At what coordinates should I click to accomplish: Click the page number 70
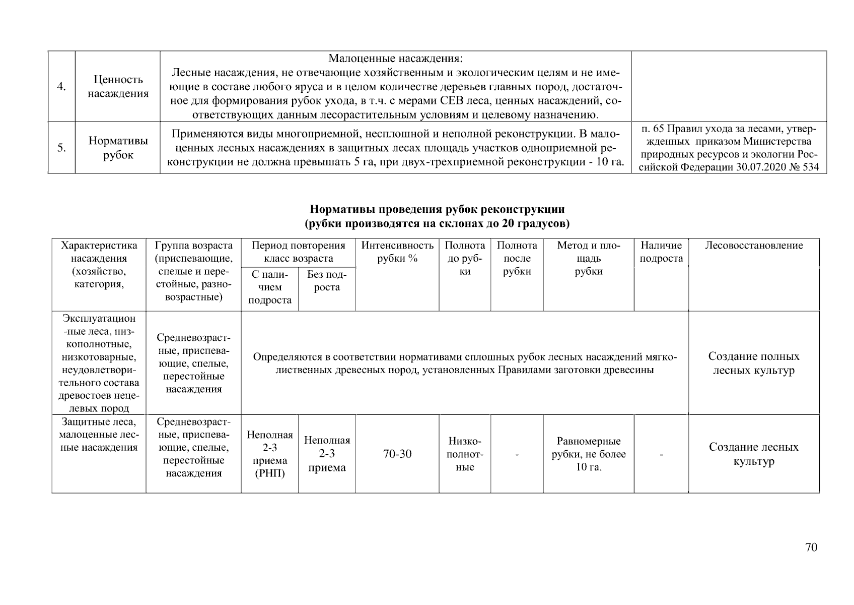point(811,548)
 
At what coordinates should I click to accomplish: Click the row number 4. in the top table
point(61,87)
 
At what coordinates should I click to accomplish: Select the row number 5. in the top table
point(61,148)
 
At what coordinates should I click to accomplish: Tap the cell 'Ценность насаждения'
point(118,87)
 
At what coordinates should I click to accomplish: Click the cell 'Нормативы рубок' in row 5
point(118,148)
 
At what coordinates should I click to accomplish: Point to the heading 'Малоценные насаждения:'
point(395,59)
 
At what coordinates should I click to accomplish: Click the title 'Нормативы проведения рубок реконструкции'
point(437,209)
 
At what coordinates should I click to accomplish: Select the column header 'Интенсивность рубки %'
point(397,252)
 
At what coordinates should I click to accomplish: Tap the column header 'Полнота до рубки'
point(465,259)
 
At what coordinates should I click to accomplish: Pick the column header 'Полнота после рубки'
point(517,259)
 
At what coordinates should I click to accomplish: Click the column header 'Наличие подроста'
point(661,252)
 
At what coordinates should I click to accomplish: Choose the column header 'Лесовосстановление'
point(753,246)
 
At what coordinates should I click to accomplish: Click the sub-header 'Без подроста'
point(327,281)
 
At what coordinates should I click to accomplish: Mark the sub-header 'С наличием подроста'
point(270,287)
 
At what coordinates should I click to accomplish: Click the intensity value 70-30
point(397,454)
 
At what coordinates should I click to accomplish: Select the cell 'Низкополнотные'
point(465,454)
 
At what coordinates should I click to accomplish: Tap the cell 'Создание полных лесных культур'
point(753,364)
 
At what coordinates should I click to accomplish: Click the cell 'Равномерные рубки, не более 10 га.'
point(588,454)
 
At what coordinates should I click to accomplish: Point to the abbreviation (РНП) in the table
point(270,474)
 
